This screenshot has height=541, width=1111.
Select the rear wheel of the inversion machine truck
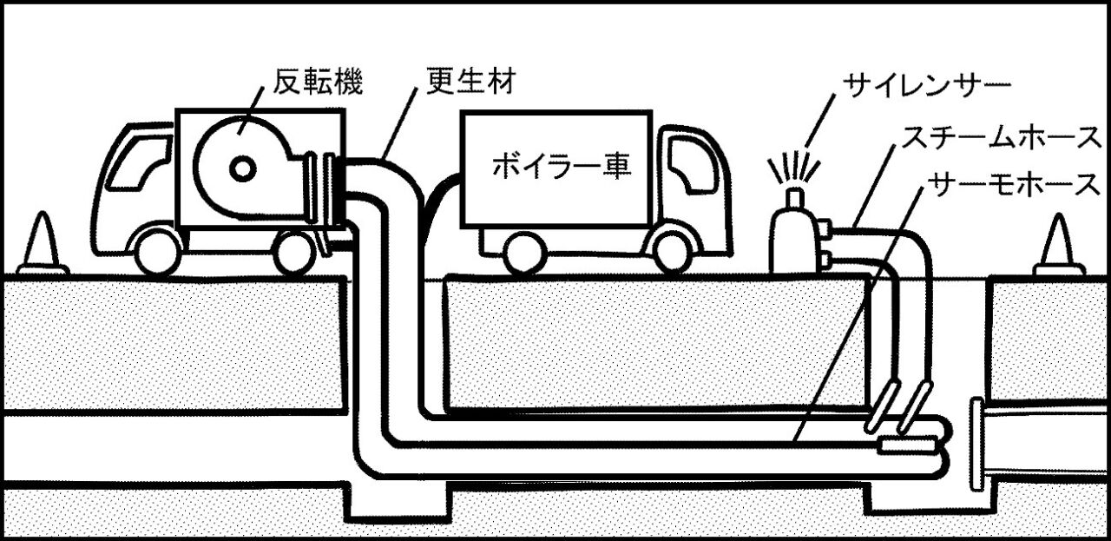(x=293, y=251)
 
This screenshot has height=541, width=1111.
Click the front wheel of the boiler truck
(x=674, y=251)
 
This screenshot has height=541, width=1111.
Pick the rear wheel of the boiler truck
(x=525, y=251)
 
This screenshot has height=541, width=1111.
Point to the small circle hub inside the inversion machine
(x=242, y=168)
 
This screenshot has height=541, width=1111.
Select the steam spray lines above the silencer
(x=792, y=165)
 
